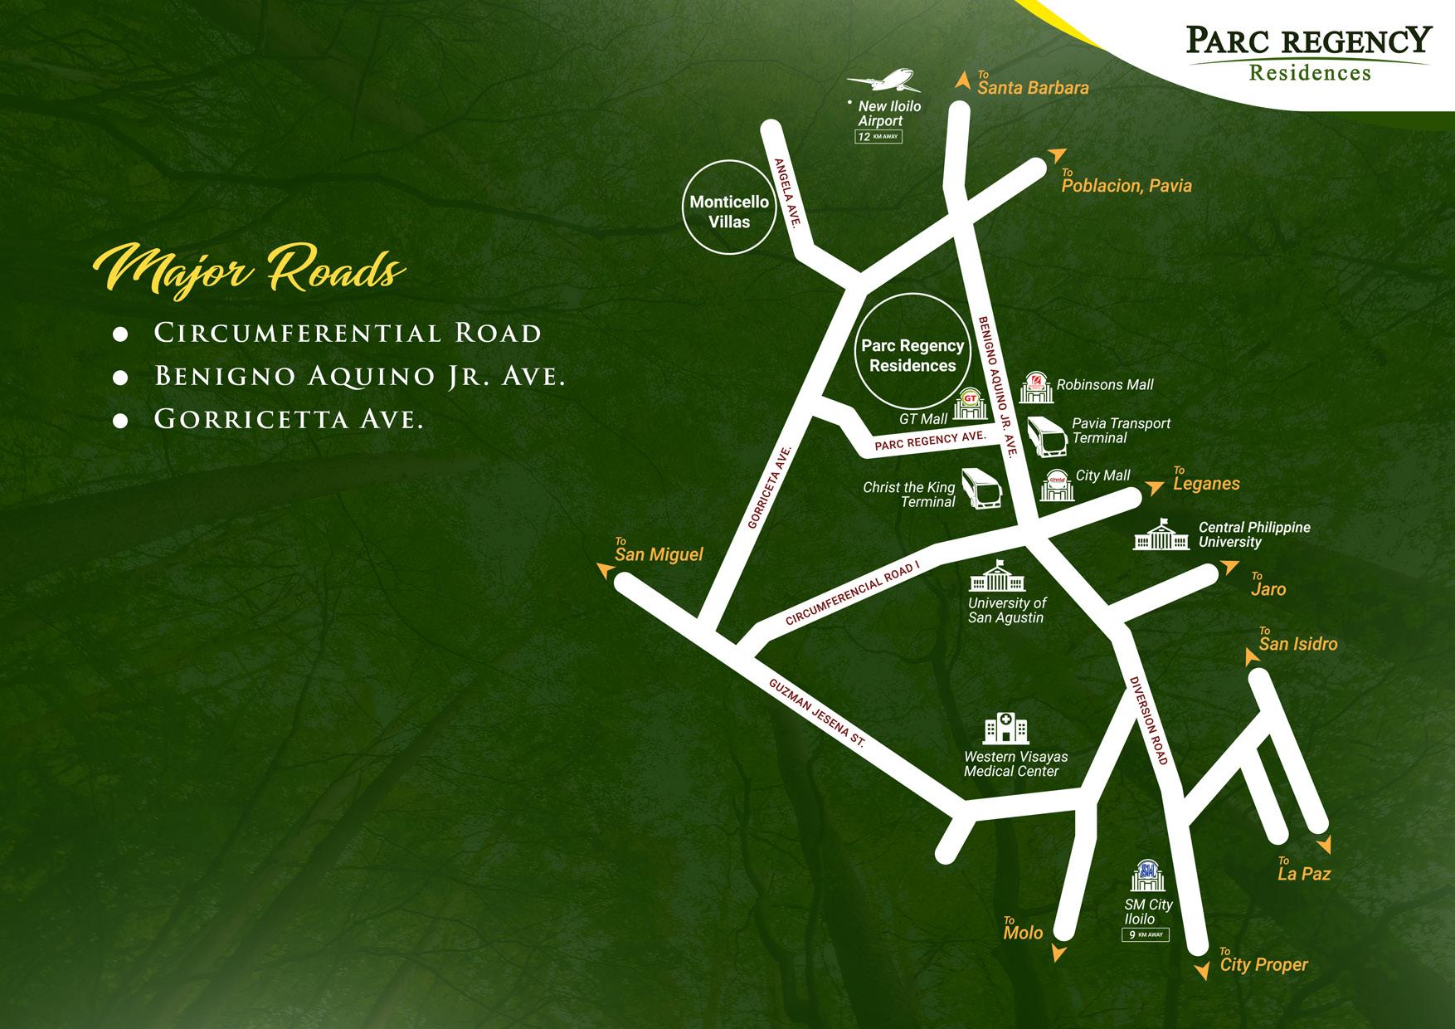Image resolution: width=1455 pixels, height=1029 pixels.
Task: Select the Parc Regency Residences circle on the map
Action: pos(912,356)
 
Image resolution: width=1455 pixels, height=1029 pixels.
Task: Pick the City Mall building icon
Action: pos(1056,485)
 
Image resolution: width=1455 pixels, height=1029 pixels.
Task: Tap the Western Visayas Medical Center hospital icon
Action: pos(1005,729)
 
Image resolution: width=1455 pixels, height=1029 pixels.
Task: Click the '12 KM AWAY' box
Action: pos(878,137)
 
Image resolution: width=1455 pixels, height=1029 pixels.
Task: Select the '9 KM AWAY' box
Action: pos(1145,934)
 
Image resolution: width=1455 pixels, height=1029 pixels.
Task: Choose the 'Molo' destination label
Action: pos(1023,933)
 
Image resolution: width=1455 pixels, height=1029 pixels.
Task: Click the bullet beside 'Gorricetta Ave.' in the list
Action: pos(120,421)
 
